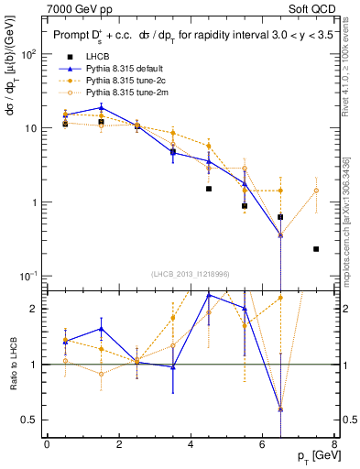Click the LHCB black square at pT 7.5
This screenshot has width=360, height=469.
point(316,248)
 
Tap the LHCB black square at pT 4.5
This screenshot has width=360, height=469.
point(209,189)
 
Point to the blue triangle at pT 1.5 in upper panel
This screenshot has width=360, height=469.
point(101,108)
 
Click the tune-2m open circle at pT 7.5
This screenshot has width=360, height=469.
point(316,191)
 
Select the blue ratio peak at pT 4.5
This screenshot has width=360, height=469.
point(209,295)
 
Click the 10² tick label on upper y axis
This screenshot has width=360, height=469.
point(28,54)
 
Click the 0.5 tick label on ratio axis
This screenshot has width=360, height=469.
point(29,420)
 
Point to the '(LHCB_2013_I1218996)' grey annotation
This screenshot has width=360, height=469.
point(191,274)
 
